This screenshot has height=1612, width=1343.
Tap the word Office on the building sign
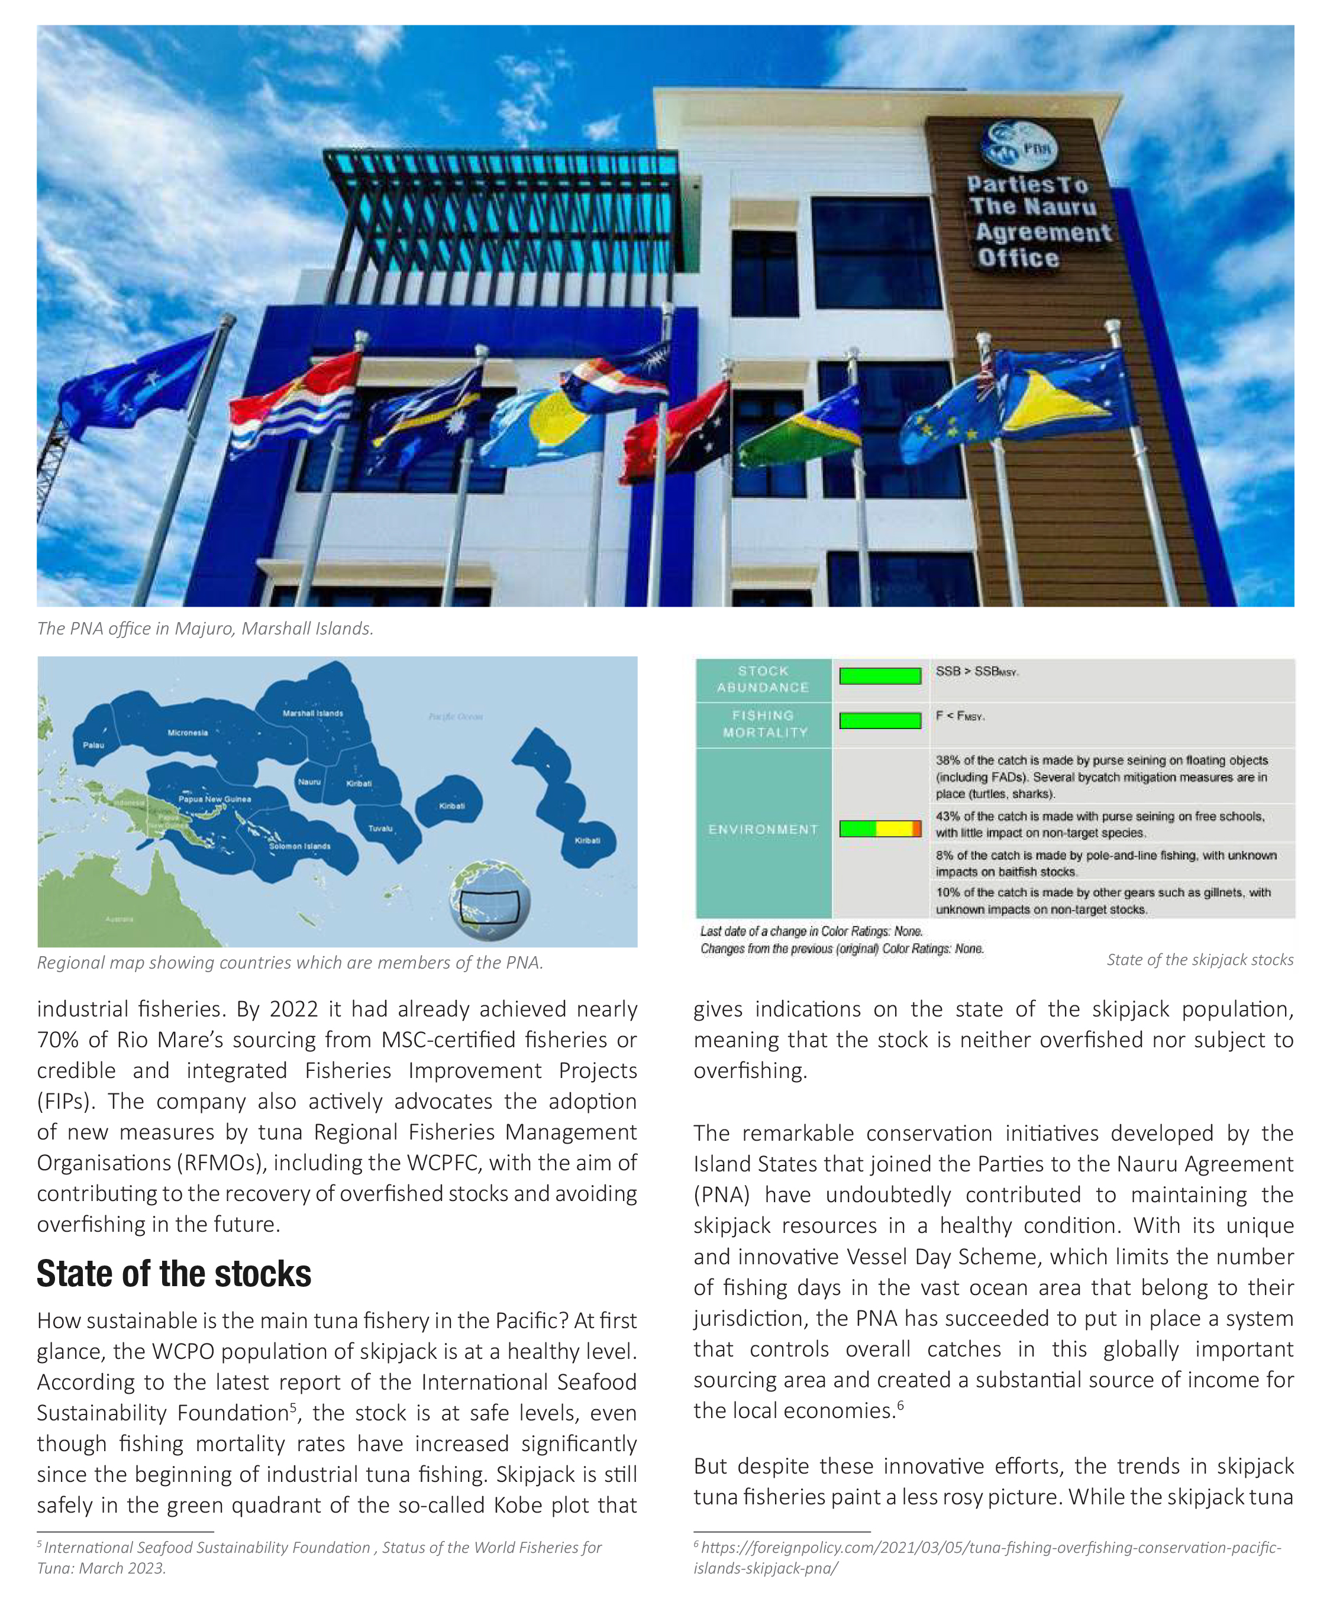1018,258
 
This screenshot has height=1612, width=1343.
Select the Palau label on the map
93,745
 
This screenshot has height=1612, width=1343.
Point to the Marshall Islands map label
312,713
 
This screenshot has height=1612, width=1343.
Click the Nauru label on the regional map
309,781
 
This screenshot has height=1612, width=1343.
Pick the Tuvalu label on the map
380,828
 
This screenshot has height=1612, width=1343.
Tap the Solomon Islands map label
299,846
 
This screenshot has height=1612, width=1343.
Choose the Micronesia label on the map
188,732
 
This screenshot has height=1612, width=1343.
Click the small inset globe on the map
489,899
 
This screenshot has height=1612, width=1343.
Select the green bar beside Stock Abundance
879,675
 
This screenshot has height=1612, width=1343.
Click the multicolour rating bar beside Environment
879,828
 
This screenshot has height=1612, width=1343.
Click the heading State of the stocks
175,1275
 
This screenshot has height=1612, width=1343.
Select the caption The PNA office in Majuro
205,629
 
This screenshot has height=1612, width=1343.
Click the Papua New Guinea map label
214,799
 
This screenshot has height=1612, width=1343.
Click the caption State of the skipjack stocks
1199,960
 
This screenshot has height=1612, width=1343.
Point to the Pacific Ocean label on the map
456,716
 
